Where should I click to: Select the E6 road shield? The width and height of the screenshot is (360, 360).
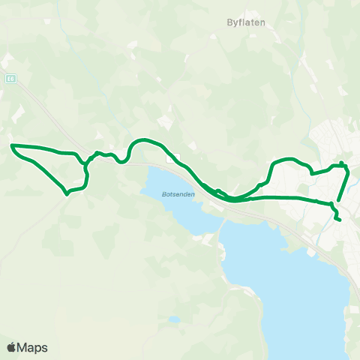click(x=10, y=77)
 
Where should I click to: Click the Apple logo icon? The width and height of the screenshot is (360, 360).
click(x=11, y=347)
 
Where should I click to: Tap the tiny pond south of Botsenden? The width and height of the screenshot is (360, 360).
click(x=174, y=319)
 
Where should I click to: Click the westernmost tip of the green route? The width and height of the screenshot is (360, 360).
click(x=12, y=145)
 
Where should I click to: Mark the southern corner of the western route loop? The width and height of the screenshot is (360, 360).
click(x=67, y=192)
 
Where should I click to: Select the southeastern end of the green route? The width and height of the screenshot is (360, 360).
click(x=340, y=220)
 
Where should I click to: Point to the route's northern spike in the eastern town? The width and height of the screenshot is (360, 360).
click(x=341, y=163)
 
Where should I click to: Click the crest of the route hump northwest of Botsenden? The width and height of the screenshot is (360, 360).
click(x=142, y=140)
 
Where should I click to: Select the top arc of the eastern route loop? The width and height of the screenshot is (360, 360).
click(x=289, y=159)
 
